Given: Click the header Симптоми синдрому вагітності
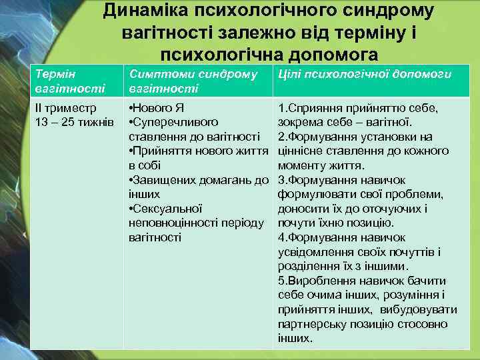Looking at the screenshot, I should click(x=193, y=81).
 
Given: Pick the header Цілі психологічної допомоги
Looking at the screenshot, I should click(x=365, y=74).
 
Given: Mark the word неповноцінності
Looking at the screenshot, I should click(x=171, y=223).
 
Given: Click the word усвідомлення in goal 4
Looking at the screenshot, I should click(x=313, y=252).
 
